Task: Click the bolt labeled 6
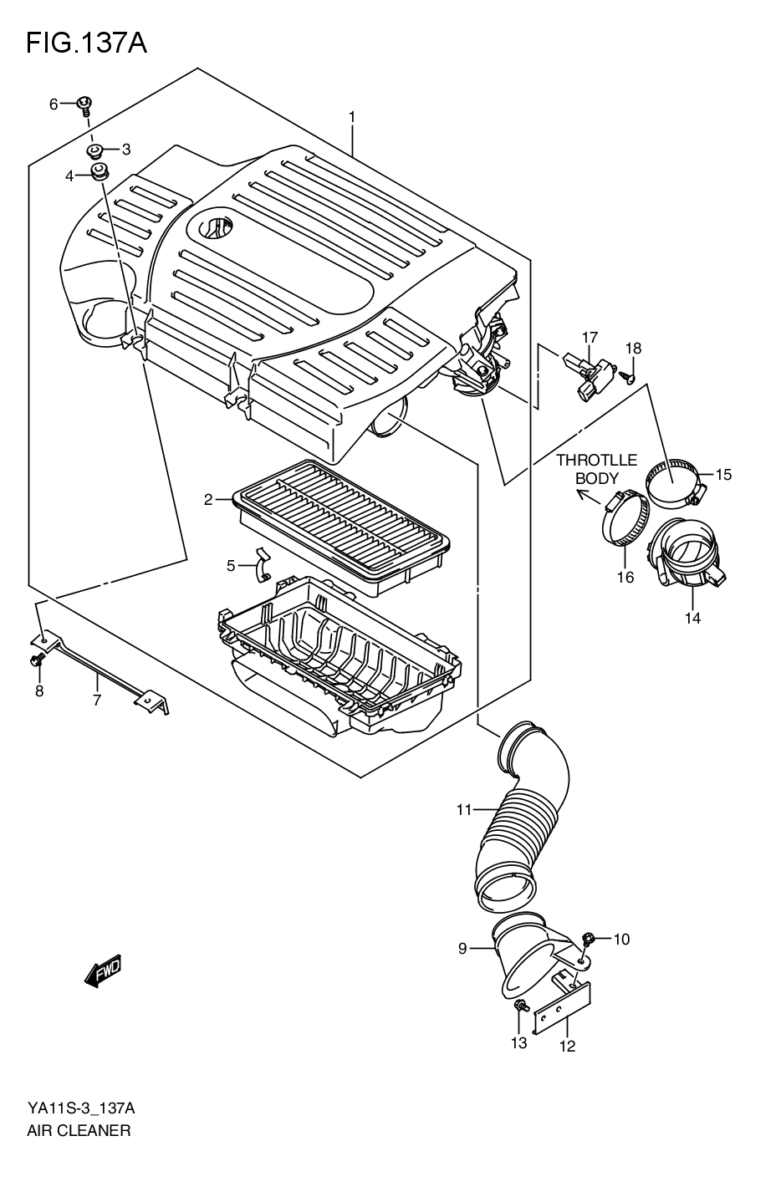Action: pos(84,104)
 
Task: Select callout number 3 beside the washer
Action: pos(126,150)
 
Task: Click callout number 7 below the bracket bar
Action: pos(97,700)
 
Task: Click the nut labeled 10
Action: pos(587,940)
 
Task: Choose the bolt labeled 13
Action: pos(520,1006)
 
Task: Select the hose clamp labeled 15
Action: pos(674,483)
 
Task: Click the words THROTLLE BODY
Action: pos(596,469)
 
